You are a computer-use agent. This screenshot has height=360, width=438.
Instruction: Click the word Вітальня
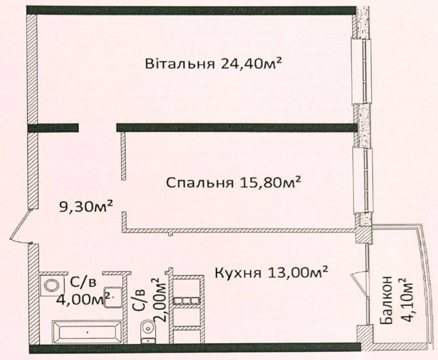click(x=180, y=64)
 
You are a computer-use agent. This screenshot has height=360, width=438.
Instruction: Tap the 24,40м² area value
click(x=251, y=63)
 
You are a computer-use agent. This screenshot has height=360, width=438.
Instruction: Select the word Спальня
click(x=200, y=183)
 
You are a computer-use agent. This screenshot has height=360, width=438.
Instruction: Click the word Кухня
click(x=238, y=274)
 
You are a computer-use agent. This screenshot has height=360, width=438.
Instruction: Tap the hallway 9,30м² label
click(x=86, y=207)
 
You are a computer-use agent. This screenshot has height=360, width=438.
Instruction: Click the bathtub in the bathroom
click(x=87, y=332)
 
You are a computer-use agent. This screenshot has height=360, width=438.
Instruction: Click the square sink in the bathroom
click(x=113, y=297)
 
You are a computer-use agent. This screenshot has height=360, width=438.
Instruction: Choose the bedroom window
click(x=363, y=181)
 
